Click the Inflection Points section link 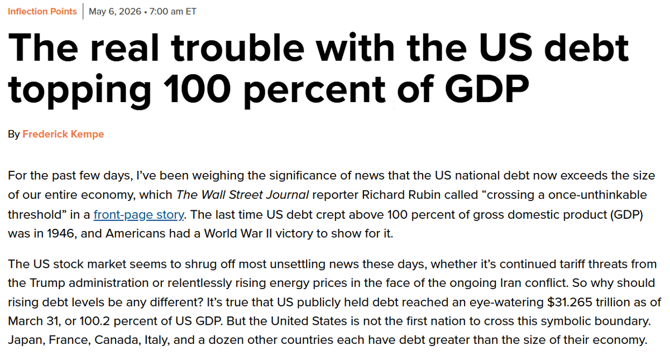tap(42, 11)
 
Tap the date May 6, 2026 tap(115, 11)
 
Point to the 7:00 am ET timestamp tap(173, 11)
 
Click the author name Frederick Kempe tap(63, 134)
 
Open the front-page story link tap(139, 214)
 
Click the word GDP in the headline tap(487, 89)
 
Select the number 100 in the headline tap(197, 89)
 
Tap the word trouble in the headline tap(237, 48)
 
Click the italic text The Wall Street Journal tap(242, 195)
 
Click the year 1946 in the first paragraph tap(60, 233)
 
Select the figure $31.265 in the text tap(569, 302)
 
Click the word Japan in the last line tap(27, 340)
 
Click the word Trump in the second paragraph tap(47, 283)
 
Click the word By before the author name tap(14, 135)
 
